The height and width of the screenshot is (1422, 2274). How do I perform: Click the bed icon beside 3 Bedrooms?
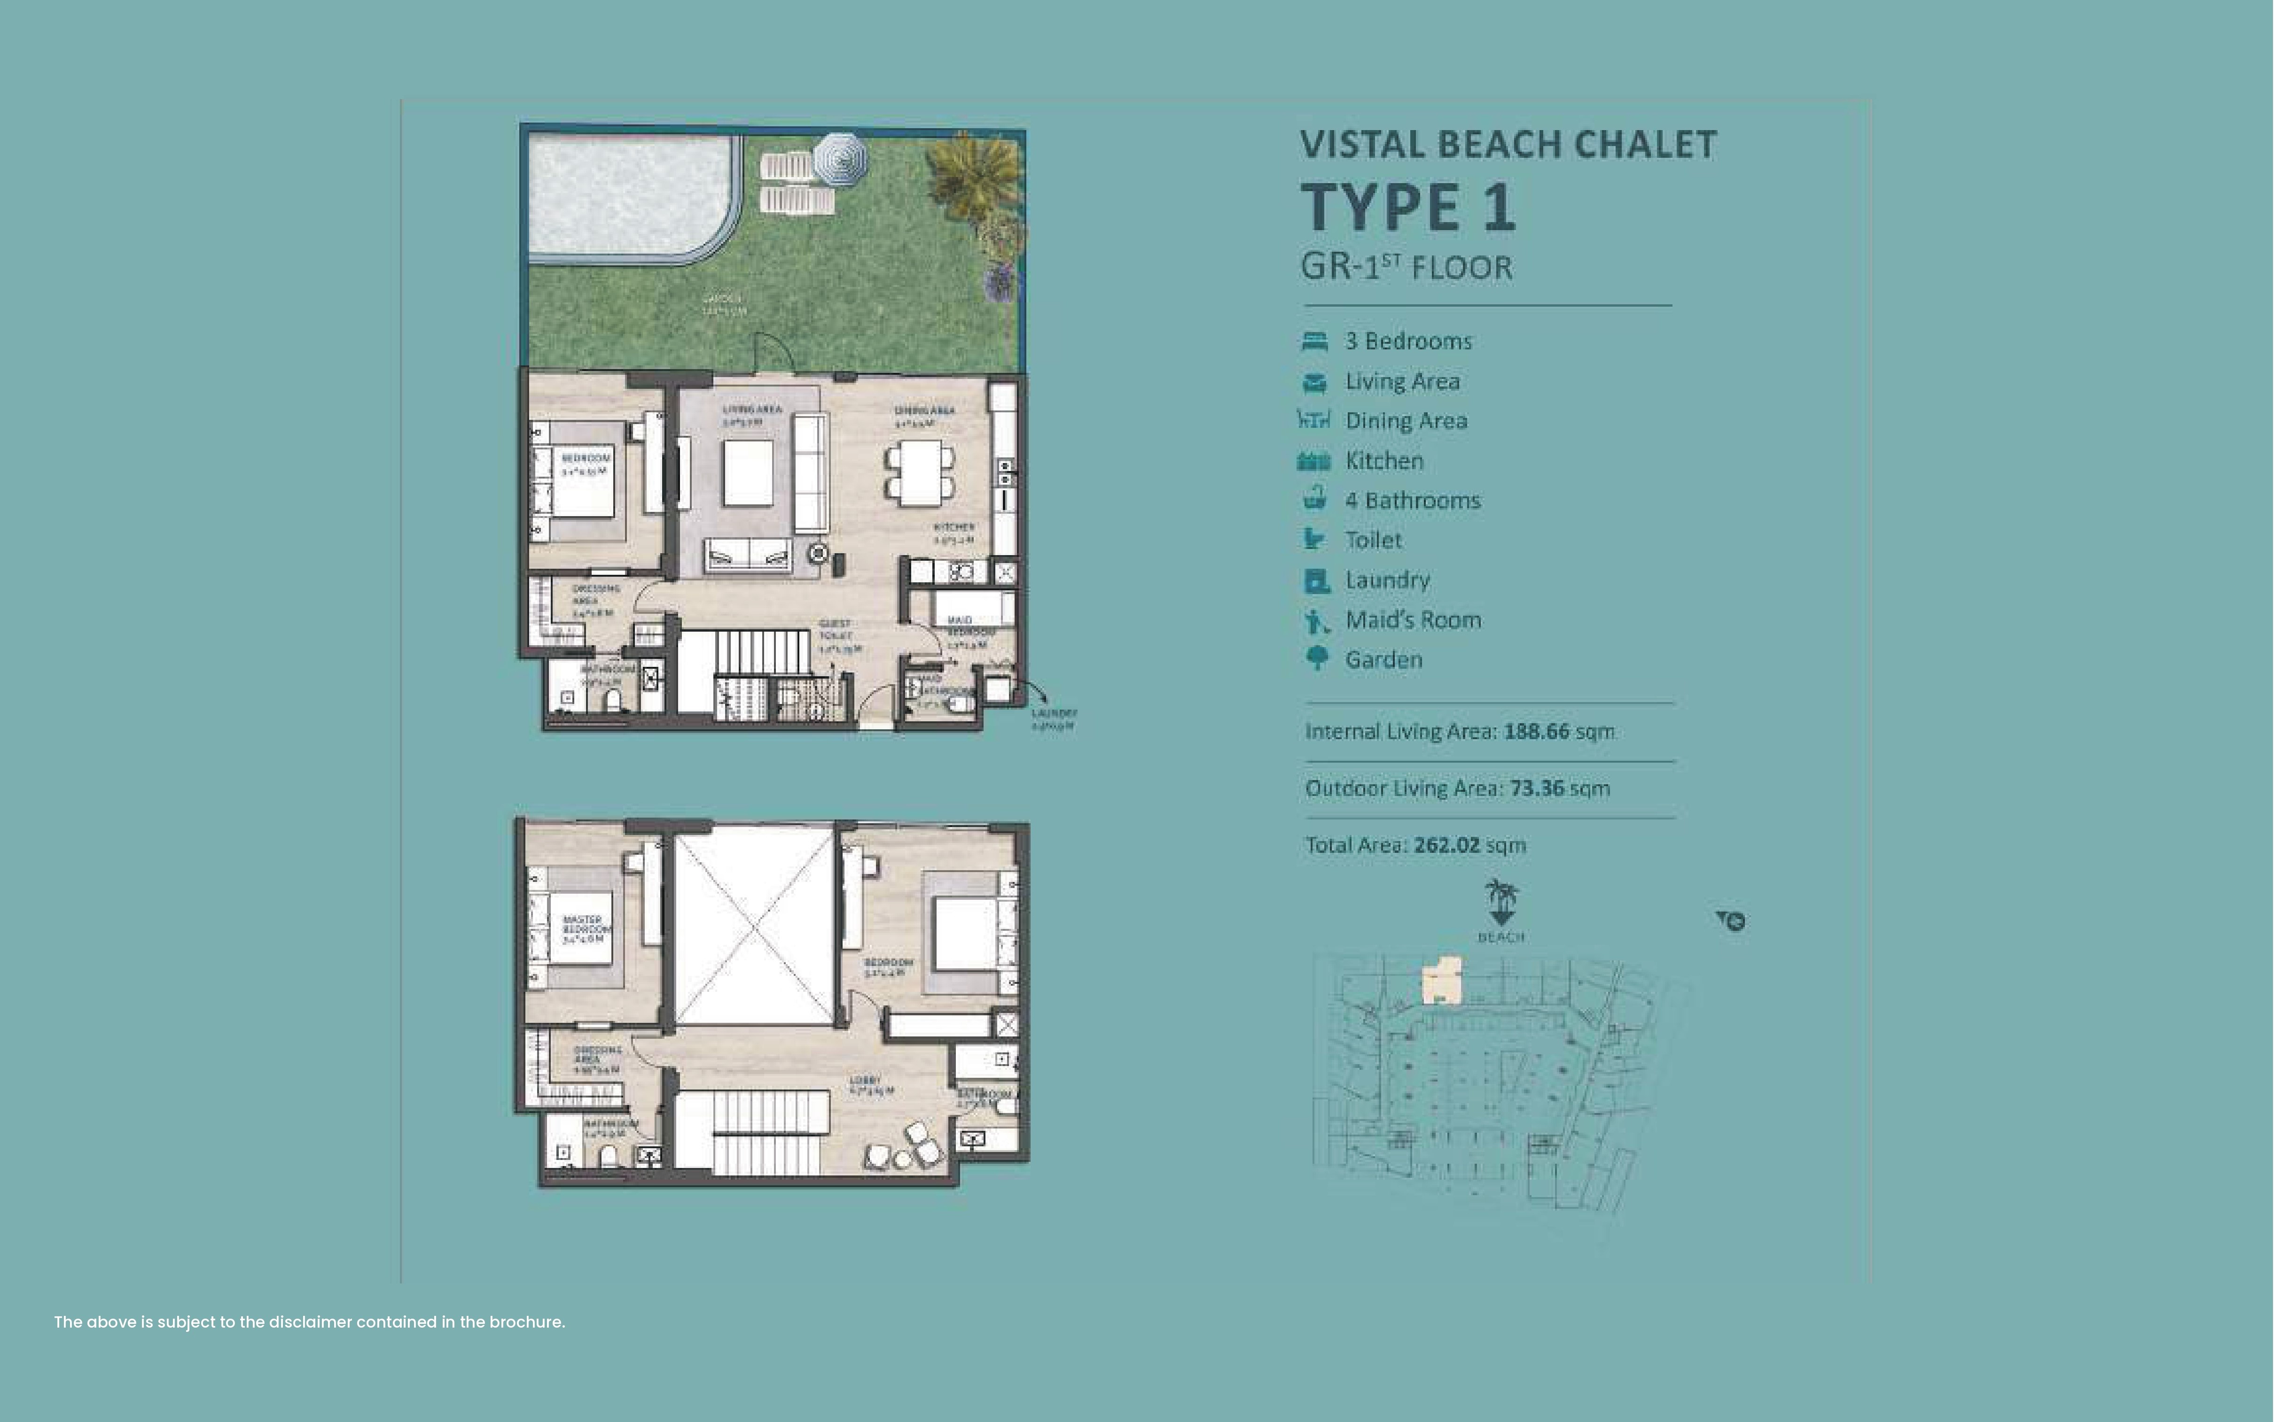[x=1314, y=341]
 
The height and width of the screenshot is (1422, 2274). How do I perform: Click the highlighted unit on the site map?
[x=1441, y=979]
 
